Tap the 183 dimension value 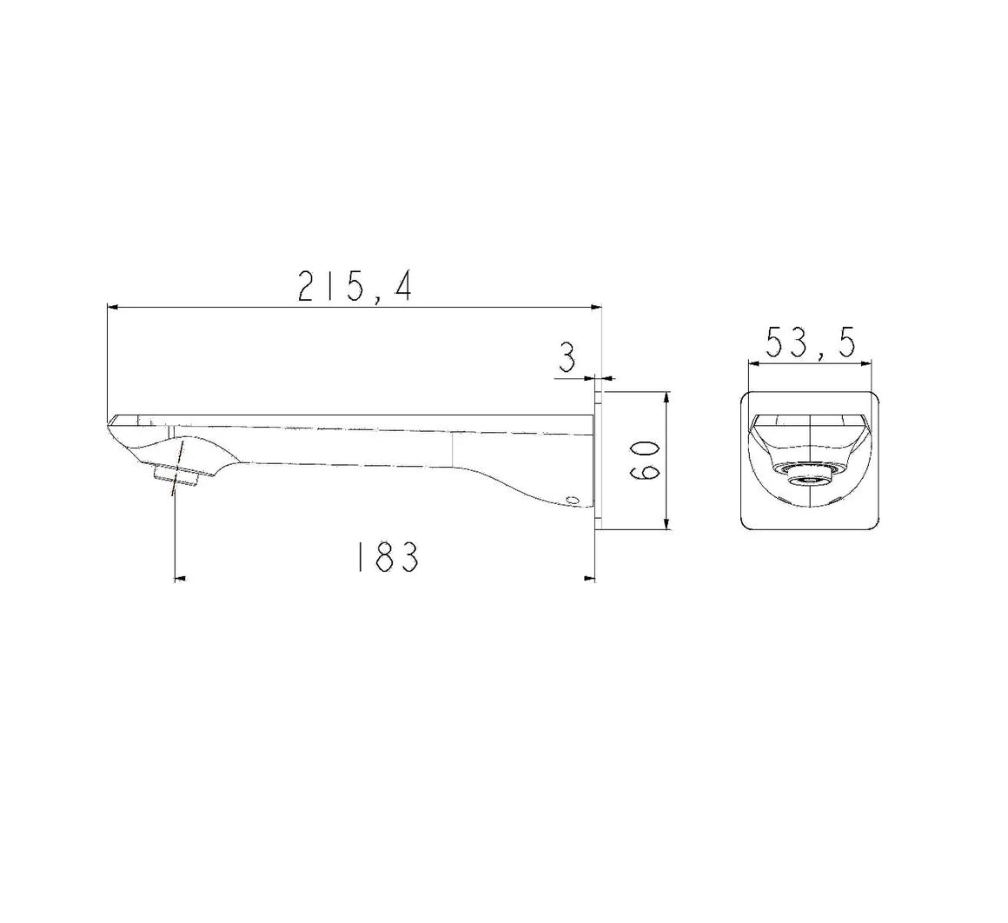(386, 557)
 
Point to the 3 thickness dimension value (567, 357)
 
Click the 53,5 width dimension (811, 342)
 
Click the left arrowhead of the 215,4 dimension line (112, 306)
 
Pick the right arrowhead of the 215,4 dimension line (596, 306)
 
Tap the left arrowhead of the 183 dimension (181, 577)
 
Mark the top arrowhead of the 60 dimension (666, 397)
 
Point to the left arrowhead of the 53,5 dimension (753, 365)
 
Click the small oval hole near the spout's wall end (572, 499)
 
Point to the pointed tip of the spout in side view (109, 422)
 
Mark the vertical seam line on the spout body (453, 448)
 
